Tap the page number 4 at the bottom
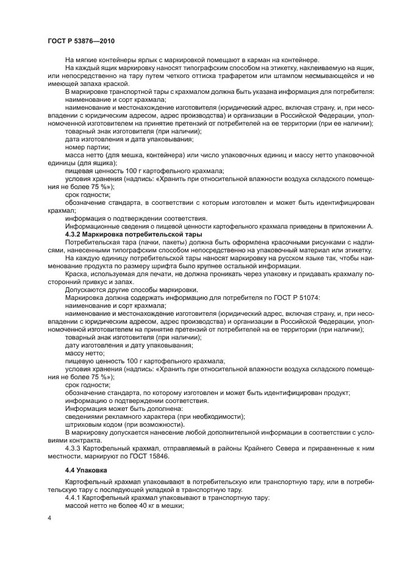(49, 518)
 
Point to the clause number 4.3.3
(74, 448)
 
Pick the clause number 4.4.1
(74, 497)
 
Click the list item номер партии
(88, 147)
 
